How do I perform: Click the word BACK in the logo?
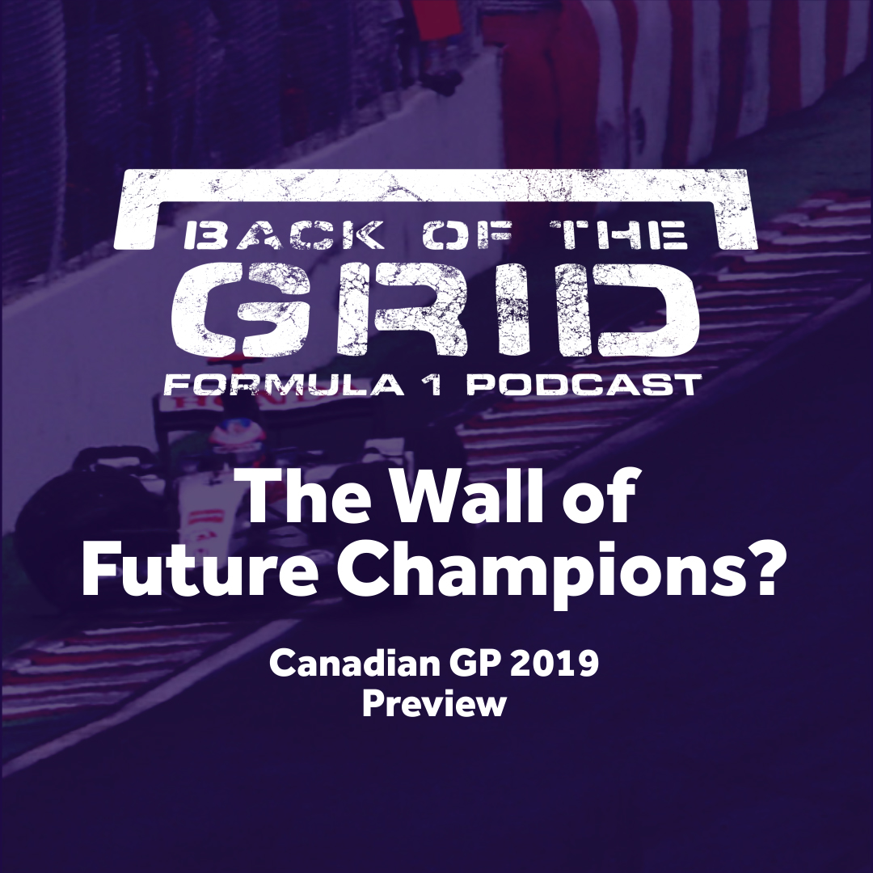(x=284, y=234)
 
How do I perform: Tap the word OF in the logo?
(x=467, y=234)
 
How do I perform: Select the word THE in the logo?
(x=618, y=234)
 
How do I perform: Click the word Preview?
(x=434, y=703)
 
